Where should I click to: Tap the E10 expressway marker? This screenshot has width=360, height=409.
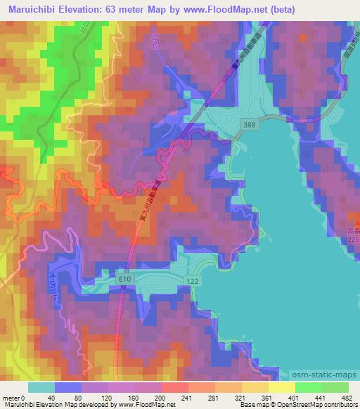[x=125, y=280]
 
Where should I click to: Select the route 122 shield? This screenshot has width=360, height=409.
[x=191, y=280]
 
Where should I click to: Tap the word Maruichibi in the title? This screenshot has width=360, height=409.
[x=33, y=8]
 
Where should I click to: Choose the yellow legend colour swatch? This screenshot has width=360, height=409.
[x=281, y=387]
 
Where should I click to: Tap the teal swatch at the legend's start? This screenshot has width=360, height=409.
[x=41, y=387]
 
